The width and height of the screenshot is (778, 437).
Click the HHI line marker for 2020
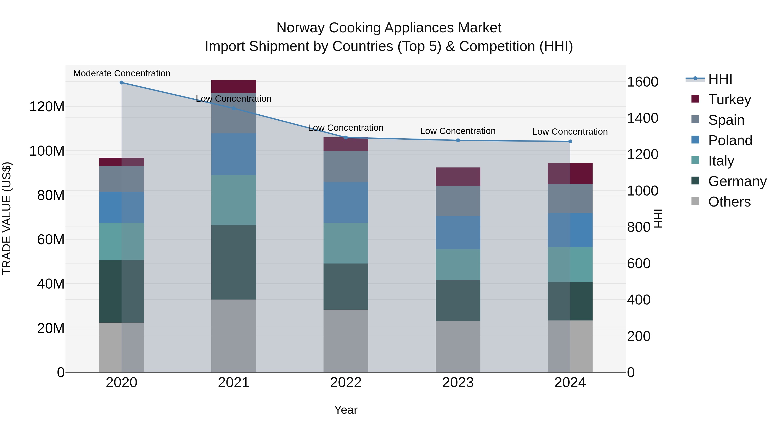coord(121,83)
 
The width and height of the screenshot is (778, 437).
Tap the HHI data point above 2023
coord(458,140)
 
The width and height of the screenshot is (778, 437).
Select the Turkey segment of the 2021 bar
coord(233,87)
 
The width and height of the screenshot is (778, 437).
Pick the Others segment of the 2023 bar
coord(458,347)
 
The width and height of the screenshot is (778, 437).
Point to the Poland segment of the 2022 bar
coord(346,202)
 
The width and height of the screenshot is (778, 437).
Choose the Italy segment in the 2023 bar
coord(458,265)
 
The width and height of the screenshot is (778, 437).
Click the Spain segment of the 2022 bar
coord(346,166)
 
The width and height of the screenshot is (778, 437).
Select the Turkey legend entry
coord(729,99)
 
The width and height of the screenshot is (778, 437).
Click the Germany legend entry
coord(737,181)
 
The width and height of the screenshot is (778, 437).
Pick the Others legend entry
coord(729,202)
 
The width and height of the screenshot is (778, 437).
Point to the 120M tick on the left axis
coord(47,107)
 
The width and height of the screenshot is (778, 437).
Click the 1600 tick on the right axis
coord(642,82)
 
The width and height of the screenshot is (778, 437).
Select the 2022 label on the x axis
coord(346,383)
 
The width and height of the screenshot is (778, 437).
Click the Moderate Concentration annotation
coord(122,73)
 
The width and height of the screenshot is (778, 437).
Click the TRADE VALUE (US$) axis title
coord(7,218)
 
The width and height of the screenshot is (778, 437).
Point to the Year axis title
coord(346,410)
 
